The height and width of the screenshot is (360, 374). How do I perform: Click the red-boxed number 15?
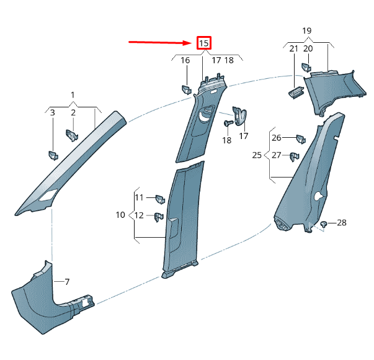click(204, 43)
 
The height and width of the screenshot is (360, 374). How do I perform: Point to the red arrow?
click(161, 43)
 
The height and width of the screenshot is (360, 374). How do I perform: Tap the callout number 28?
click(341, 222)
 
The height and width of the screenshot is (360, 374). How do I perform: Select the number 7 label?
click(67, 282)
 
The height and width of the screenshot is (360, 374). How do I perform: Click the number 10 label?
click(120, 215)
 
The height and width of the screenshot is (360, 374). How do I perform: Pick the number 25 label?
click(257, 155)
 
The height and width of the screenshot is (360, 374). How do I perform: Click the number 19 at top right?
click(306, 30)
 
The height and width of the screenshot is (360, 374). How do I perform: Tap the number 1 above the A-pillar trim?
click(73, 95)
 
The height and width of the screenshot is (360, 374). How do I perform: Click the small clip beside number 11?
click(158, 199)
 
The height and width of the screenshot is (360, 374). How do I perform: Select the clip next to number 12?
click(159, 217)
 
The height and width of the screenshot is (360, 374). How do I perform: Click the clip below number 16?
click(185, 88)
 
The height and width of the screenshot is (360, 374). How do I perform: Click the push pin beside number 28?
click(324, 223)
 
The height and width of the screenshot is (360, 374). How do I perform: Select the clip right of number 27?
click(295, 156)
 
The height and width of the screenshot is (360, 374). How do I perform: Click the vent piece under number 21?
click(295, 92)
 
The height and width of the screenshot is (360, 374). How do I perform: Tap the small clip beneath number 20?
click(306, 66)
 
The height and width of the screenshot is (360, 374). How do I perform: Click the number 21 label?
click(293, 48)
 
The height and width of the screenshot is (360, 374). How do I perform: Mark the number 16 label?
click(185, 60)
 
